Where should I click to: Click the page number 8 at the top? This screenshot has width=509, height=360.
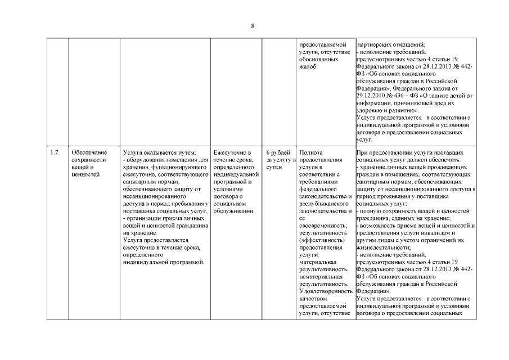pyautogui.click(x=253, y=26)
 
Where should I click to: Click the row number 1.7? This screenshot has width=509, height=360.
pyautogui.click(x=55, y=152)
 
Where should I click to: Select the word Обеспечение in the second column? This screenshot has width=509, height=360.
pyautogui.click(x=89, y=152)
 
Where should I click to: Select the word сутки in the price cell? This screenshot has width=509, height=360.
pyautogui.click(x=274, y=167)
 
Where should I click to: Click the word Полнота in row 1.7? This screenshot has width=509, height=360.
pyautogui.click(x=312, y=152)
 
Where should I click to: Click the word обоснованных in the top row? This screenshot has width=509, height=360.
pyautogui.click(x=319, y=59)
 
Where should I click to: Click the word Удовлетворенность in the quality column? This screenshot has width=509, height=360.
pyautogui.click(x=326, y=291)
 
